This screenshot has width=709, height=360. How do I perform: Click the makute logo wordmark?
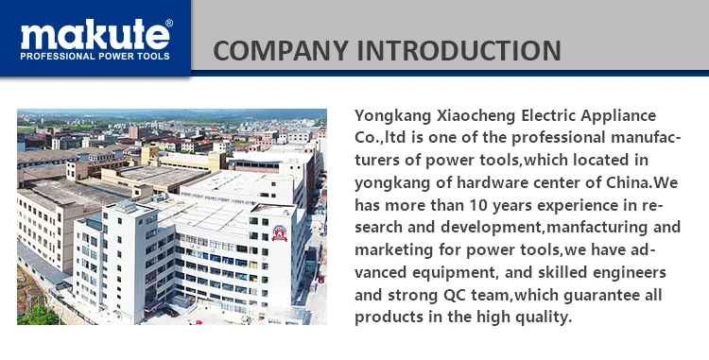click(95, 34)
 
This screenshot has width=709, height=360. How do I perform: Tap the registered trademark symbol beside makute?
click(168, 23)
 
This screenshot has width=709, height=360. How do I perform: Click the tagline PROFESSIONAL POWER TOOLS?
click(95, 57)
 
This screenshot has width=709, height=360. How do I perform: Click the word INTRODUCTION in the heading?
click(459, 50)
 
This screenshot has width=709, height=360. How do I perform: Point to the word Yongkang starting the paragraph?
click(393, 116)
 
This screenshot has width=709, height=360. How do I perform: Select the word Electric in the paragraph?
click(548, 115)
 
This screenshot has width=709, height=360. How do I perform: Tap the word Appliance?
click(618, 116)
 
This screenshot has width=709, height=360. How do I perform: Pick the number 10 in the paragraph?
click(478, 206)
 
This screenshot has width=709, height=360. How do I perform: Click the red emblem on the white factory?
click(280, 233)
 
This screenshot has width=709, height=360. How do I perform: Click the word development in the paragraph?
click(491, 228)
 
